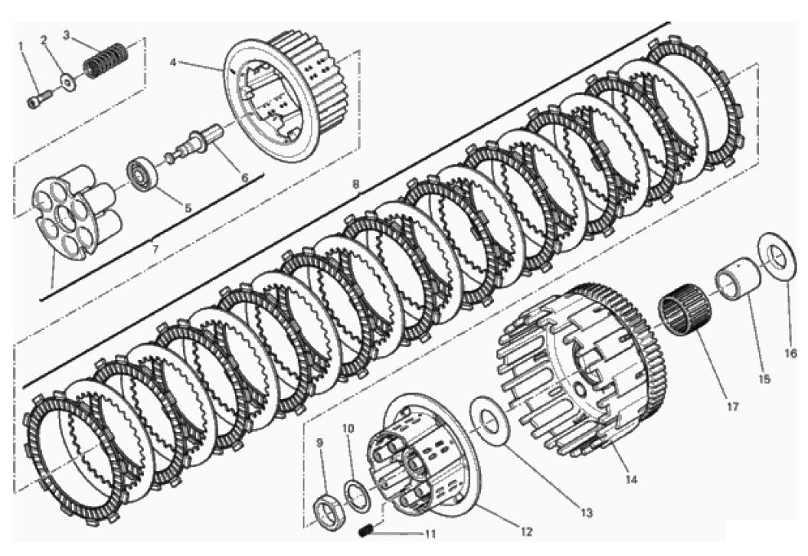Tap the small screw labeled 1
pyautogui.click(x=39, y=99)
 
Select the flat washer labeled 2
pyautogui.click(x=67, y=81)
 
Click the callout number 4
pyautogui.click(x=173, y=62)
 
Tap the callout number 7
pyautogui.click(x=155, y=248)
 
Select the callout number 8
pyautogui.click(x=355, y=183)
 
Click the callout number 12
pyautogui.click(x=525, y=531)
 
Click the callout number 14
pyautogui.click(x=631, y=479)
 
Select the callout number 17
pyautogui.click(x=732, y=407)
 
